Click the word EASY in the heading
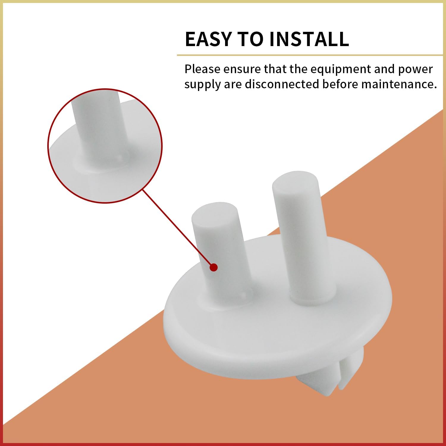click(x=208, y=39)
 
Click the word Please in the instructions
click(x=202, y=69)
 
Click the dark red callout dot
click(x=213, y=267)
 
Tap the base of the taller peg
click(x=312, y=297)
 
